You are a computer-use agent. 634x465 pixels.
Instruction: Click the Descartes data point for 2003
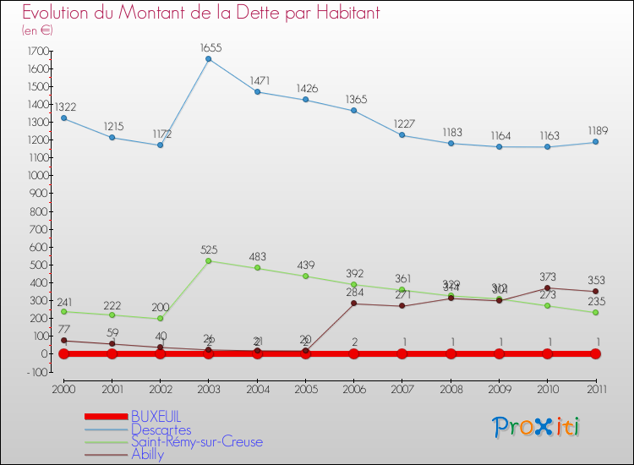[209, 59]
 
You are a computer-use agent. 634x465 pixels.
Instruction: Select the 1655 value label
[209, 48]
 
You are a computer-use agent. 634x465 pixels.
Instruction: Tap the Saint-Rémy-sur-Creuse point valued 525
[209, 260]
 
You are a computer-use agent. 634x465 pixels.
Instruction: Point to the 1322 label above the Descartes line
[64, 107]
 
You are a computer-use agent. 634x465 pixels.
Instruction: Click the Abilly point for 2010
[548, 287]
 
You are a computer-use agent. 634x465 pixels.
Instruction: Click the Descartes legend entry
[161, 430]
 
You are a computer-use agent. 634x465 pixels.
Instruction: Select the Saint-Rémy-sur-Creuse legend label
[196, 442]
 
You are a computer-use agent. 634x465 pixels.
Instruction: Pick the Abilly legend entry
[148, 454]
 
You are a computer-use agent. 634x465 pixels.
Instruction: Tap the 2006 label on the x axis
[353, 389]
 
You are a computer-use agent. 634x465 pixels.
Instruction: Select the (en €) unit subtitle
[37, 30]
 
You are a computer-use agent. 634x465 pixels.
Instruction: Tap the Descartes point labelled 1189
[595, 142]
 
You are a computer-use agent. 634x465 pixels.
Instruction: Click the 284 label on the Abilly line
[353, 293]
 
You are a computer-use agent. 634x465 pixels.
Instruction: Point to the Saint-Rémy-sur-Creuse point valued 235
[595, 313]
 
